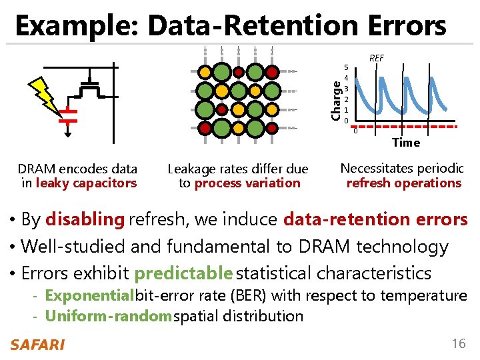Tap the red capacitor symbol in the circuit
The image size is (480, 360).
[68, 116]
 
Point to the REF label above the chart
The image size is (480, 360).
[377, 59]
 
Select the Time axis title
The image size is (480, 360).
[406, 142]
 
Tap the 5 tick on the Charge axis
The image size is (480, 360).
[346, 67]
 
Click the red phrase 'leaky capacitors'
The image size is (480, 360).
[86, 183]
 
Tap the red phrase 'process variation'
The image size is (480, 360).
[247, 183]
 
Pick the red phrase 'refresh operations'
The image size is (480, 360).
[403, 183]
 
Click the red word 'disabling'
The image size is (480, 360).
[85, 219]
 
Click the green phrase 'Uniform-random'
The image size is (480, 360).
[109, 316]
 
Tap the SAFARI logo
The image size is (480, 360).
[37, 345]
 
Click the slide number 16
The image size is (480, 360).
[458, 344]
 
